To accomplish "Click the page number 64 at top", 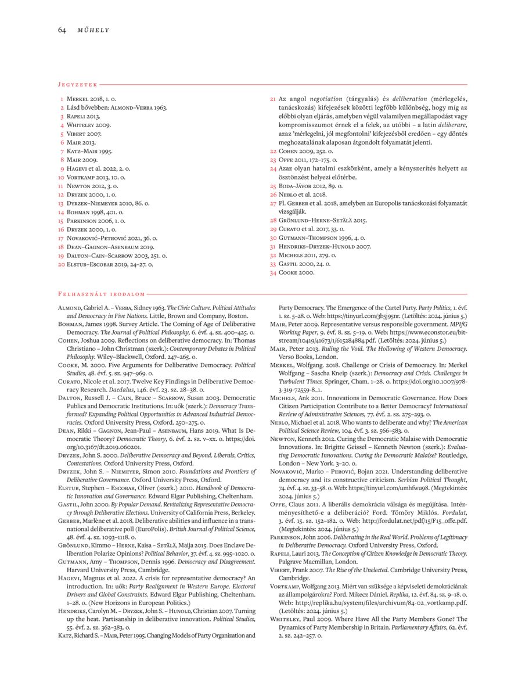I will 62,30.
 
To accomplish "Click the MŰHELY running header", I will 93,30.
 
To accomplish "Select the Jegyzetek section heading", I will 77,84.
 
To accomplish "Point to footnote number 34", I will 273,272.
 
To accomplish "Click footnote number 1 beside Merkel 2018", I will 62,100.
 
